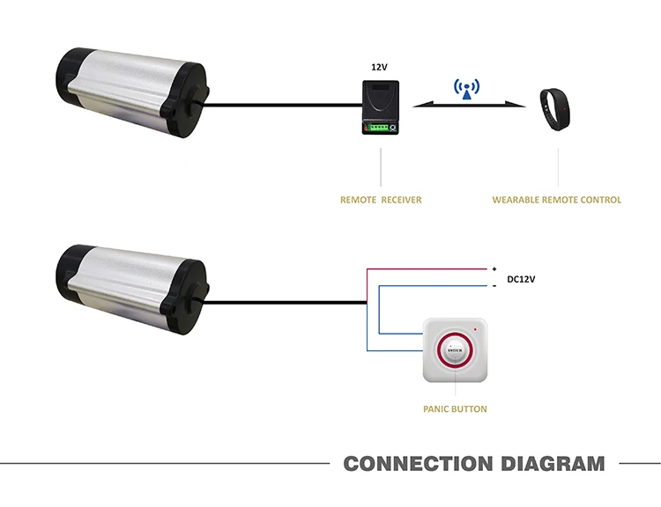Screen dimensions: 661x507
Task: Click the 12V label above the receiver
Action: pos(379,67)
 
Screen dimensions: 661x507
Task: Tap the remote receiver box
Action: pos(380,107)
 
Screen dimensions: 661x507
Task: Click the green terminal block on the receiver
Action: pos(376,127)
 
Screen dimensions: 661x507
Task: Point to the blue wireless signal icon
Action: pos(466,89)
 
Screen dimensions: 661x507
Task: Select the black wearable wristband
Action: pos(554,109)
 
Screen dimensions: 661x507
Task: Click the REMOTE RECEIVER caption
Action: pos(381,200)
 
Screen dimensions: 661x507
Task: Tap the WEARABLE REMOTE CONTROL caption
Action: pos(556,200)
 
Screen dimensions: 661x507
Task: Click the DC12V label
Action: pos(521,279)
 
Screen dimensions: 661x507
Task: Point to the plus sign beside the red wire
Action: pos(494,268)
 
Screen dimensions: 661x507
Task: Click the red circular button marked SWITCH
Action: pos(455,350)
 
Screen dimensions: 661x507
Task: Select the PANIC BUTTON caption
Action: pos(455,409)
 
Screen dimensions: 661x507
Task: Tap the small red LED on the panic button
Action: pos(476,329)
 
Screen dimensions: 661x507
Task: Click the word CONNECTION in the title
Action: pos(418,464)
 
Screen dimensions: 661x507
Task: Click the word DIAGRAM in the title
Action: pos(553,464)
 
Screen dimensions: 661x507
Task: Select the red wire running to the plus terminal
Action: pos(427,268)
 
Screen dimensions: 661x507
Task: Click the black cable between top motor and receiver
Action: pos(282,105)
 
